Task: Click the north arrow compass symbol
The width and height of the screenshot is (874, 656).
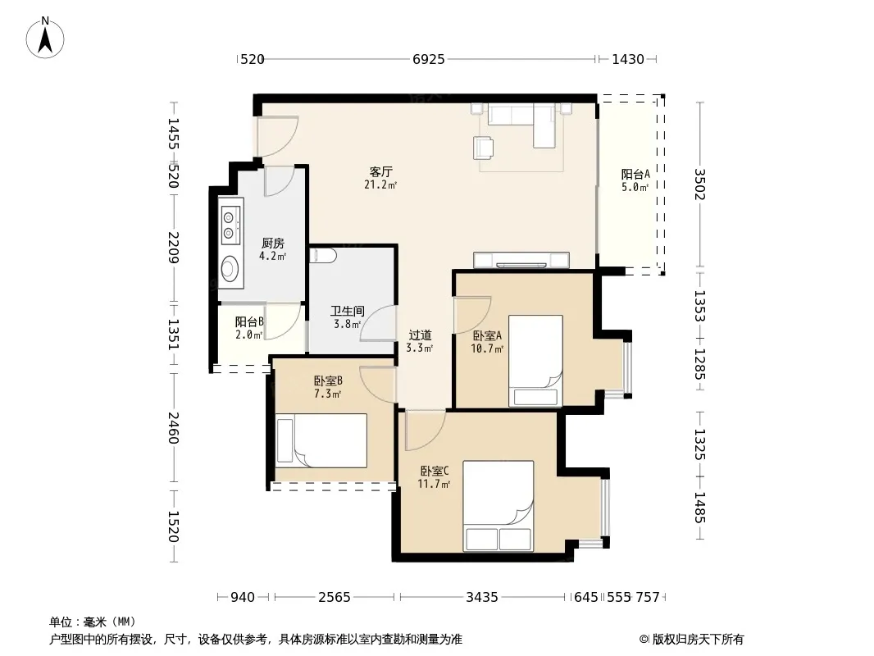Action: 45,38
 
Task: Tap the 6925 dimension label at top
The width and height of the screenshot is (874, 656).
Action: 429,59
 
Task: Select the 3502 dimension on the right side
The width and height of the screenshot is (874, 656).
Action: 700,184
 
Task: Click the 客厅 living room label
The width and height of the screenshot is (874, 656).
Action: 380,171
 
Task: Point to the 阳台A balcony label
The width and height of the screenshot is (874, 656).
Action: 635,174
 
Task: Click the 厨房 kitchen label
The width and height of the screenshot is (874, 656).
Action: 272,243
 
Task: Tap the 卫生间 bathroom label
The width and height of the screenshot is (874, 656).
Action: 348,311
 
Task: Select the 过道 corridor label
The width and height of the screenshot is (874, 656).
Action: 420,335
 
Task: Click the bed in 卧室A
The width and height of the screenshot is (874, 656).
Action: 535,361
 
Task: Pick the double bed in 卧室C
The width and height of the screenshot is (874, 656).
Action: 498,505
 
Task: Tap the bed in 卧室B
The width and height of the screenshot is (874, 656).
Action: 321,440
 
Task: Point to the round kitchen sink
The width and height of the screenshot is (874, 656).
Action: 230,269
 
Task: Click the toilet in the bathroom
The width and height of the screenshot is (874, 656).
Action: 323,256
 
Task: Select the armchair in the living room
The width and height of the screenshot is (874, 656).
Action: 483,148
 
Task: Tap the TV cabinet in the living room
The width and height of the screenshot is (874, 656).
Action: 521,260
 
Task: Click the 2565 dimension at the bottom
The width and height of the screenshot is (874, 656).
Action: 335,598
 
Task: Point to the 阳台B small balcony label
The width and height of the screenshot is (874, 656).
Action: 249,321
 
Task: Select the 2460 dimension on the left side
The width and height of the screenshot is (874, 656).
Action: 173,427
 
